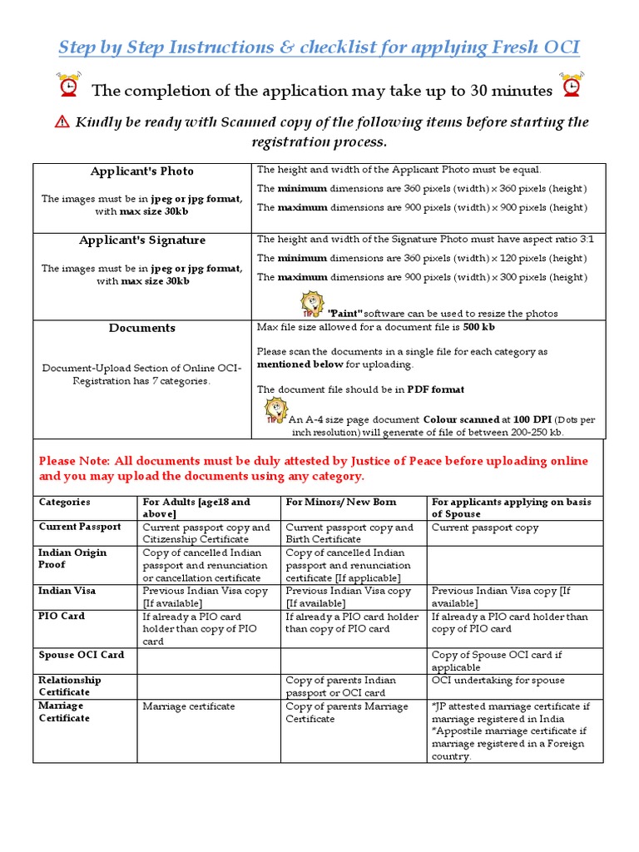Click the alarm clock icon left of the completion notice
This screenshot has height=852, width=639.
coord(68,87)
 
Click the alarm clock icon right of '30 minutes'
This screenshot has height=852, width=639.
coord(572,86)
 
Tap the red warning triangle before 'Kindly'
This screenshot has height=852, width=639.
coord(62,122)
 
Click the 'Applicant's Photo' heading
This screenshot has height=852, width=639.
coord(142,171)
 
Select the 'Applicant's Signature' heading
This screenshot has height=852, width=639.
coord(142,240)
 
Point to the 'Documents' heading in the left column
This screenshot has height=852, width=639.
coord(142,328)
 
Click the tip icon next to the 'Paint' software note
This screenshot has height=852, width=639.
coord(311,304)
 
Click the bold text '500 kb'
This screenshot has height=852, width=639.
coord(479,328)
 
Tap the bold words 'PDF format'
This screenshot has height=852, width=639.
coord(436,389)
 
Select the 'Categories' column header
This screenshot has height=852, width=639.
coord(65,503)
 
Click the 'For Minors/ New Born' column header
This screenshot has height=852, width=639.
coord(341,503)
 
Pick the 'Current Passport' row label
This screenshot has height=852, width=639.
coord(80,527)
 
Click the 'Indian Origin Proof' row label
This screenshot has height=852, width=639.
coord(74,558)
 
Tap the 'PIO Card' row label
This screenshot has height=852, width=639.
coord(62,617)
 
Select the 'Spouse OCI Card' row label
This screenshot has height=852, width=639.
coord(82,655)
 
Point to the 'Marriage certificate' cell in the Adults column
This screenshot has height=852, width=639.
coord(189,706)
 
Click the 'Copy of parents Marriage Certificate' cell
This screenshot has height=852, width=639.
coord(347,712)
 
